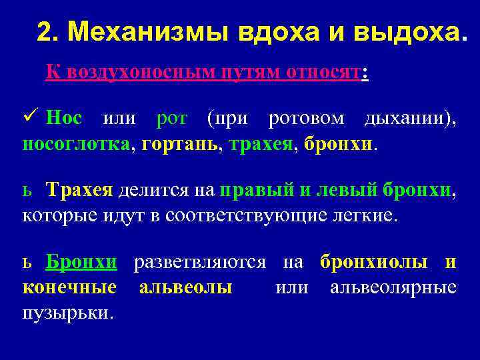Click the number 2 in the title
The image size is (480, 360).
[x=44, y=31]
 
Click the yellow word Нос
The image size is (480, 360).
[x=65, y=119]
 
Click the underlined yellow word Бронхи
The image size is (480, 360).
[x=81, y=263]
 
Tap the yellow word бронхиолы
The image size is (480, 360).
[x=374, y=263]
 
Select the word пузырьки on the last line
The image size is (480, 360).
[x=67, y=312]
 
